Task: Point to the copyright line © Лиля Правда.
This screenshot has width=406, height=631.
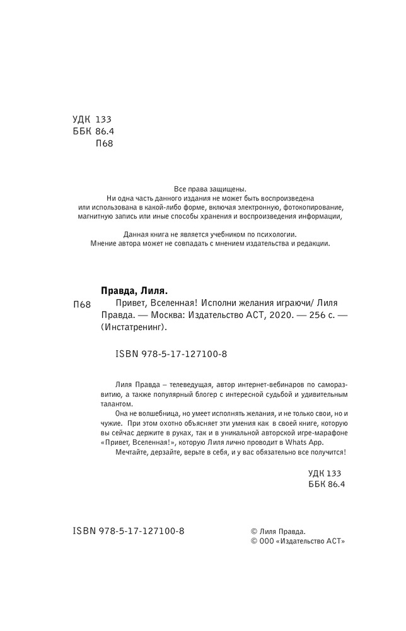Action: [279, 531]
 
